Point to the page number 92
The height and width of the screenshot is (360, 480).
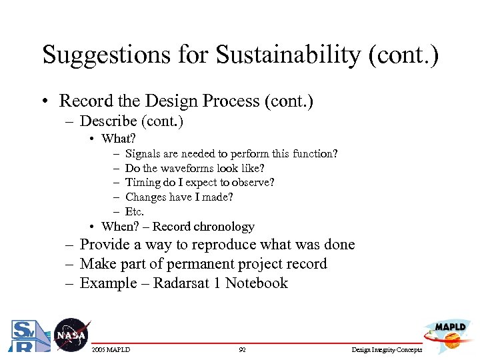tap(242, 350)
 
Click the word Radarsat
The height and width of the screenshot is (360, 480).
tap(179, 283)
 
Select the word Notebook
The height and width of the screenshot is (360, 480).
tap(256, 283)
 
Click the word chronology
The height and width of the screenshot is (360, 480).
tap(223, 227)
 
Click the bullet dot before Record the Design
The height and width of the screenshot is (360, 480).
tap(45, 102)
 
